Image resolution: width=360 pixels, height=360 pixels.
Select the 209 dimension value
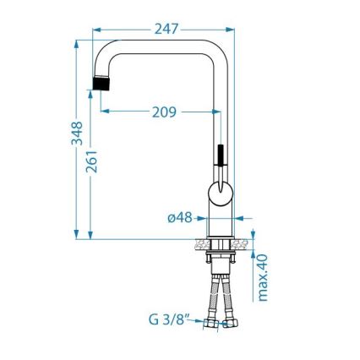point(164,112)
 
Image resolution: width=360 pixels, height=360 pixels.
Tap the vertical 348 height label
point(76,134)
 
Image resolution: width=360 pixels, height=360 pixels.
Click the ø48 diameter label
point(181,217)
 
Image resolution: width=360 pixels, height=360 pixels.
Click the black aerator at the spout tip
point(101,85)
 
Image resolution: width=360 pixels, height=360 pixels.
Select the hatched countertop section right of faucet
point(243,244)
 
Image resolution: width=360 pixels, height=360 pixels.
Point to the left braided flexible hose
point(215,296)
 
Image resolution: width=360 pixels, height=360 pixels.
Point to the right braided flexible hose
point(228,296)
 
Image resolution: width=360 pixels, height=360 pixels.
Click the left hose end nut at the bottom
point(211,322)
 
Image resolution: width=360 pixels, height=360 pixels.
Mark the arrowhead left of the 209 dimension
point(105,112)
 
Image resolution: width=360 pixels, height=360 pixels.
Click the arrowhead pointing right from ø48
point(203,217)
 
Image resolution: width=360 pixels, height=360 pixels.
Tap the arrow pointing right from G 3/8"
point(199,321)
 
